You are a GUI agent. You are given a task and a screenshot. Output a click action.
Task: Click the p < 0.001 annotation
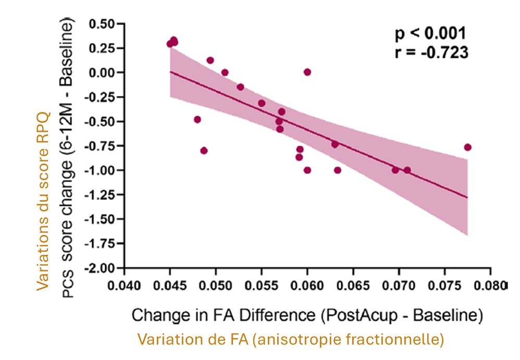click(x=430, y=34)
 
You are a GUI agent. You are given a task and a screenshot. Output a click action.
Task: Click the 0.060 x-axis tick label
click(x=307, y=285)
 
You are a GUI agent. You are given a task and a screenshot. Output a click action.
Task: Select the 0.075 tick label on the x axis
click(x=444, y=285)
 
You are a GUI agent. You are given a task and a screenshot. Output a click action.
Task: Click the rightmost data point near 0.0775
click(x=467, y=147)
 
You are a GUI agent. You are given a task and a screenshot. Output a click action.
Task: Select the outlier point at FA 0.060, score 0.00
click(x=307, y=72)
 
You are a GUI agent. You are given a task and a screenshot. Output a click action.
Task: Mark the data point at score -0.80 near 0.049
click(x=204, y=151)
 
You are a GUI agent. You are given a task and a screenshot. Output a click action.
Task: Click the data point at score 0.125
click(x=210, y=60)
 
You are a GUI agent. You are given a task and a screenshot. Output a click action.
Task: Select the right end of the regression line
click(x=467, y=197)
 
